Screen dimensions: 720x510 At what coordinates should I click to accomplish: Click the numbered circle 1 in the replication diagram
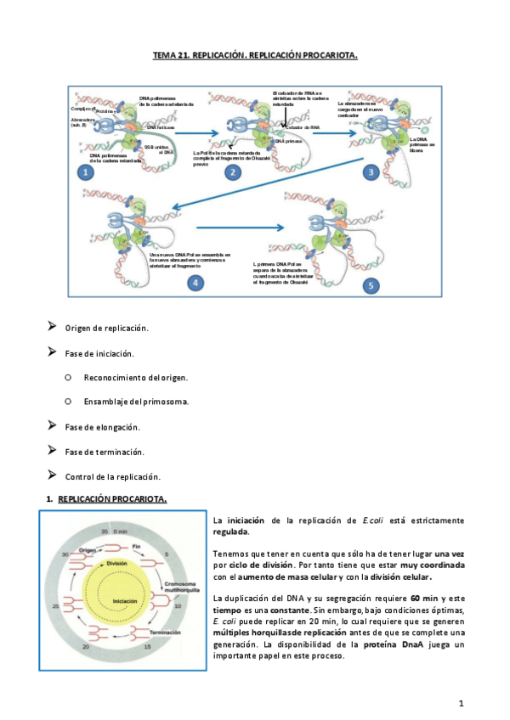[85, 172]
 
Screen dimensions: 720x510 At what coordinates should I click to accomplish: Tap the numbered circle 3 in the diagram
[371, 172]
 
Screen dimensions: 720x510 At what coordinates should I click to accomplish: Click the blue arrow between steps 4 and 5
[240, 227]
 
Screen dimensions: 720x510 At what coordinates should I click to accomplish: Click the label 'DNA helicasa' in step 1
[161, 127]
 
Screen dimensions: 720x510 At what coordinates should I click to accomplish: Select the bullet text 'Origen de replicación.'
[107, 328]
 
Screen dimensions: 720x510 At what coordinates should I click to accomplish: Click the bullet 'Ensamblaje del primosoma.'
[136, 402]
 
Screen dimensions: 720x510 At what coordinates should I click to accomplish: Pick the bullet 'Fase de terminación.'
[105, 451]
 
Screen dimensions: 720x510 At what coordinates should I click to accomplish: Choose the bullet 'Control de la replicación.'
[113, 475]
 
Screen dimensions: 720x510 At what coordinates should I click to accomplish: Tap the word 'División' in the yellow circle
[119, 563]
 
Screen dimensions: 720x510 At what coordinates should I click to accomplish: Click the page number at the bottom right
[460, 703]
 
